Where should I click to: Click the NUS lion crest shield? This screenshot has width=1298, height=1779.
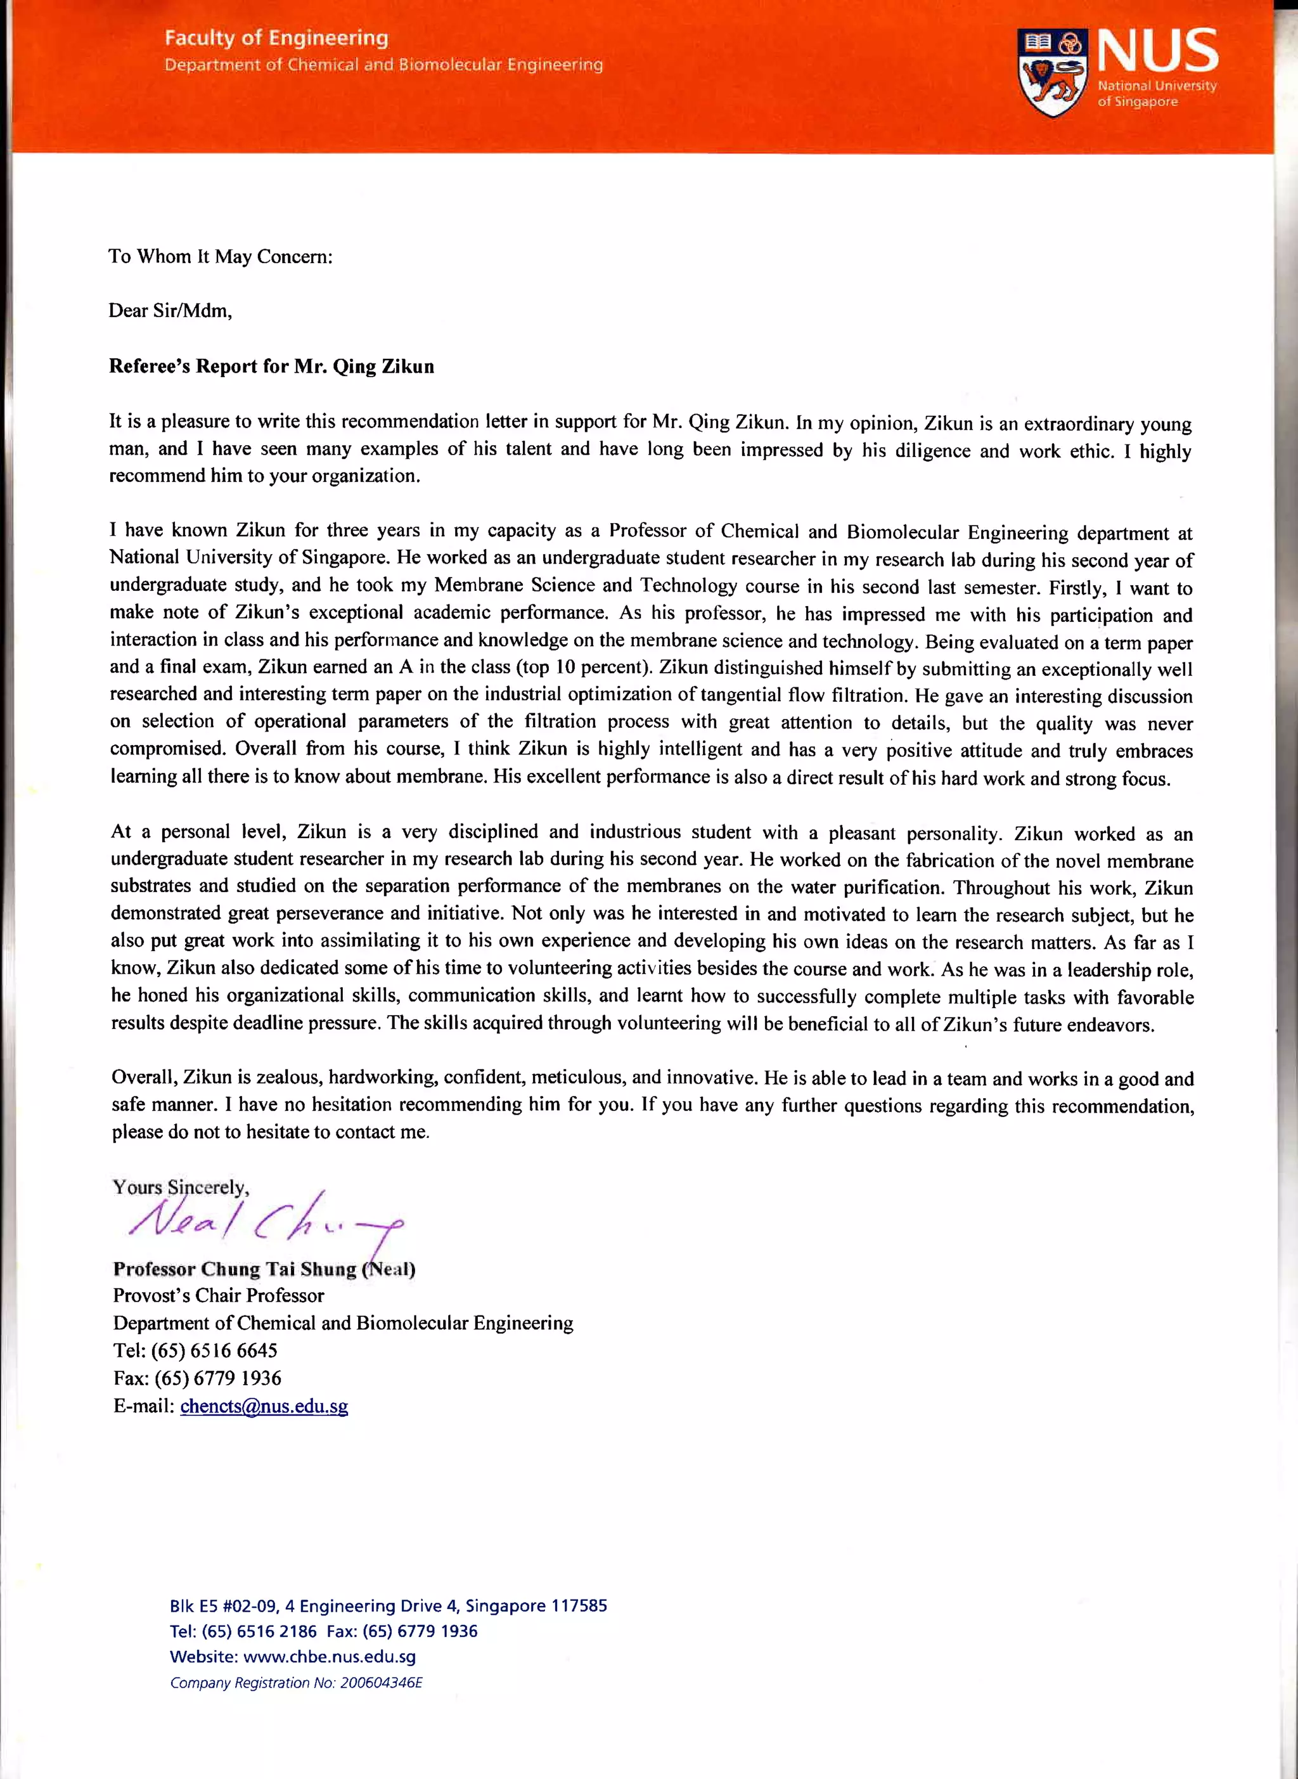(x=1053, y=73)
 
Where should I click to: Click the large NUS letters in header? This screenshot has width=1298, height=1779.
(x=1157, y=51)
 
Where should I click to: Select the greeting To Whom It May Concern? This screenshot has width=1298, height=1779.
(x=220, y=256)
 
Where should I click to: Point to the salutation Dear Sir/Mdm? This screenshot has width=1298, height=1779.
(x=170, y=311)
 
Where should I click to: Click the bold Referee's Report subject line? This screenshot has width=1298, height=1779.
(x=271, y=366)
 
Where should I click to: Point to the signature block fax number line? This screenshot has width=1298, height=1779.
(x=196, y=1378)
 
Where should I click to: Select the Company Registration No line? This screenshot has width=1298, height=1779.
(x=295, y=1683)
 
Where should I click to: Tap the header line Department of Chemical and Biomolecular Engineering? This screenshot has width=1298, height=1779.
(x=383, y=65)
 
